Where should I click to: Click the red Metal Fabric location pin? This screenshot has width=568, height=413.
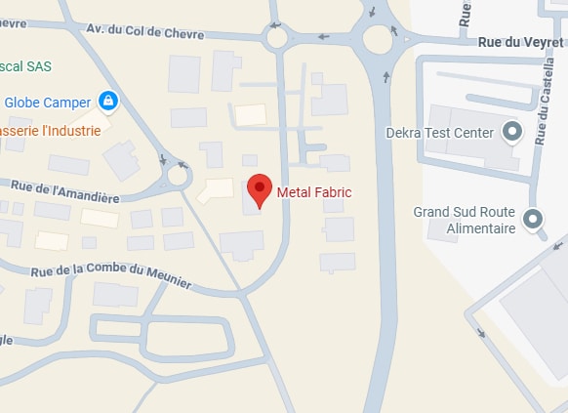[x=259, y=189]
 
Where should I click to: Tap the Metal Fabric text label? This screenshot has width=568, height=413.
[x=314, y=192]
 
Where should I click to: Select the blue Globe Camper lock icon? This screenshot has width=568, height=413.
[x=108, y=101]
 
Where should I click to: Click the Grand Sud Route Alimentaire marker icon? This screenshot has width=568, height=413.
[x=533, y=220]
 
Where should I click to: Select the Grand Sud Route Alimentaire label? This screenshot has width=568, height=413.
[x=465, y=220]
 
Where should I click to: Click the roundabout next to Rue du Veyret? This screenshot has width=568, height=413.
[x=378, y=40]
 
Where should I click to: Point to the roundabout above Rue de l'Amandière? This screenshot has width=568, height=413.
[x=179, y=176]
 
